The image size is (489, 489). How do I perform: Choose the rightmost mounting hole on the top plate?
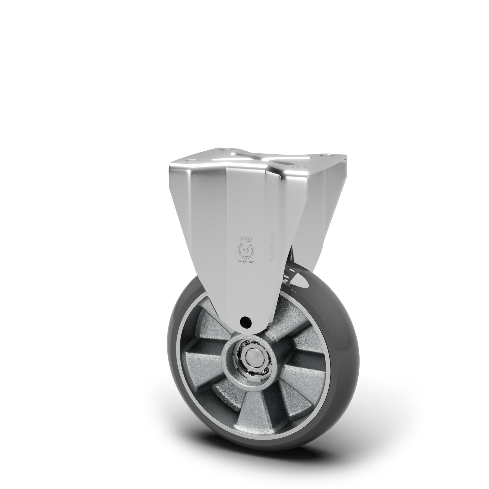point(324,155)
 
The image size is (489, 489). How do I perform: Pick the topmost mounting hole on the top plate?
point(224,150)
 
